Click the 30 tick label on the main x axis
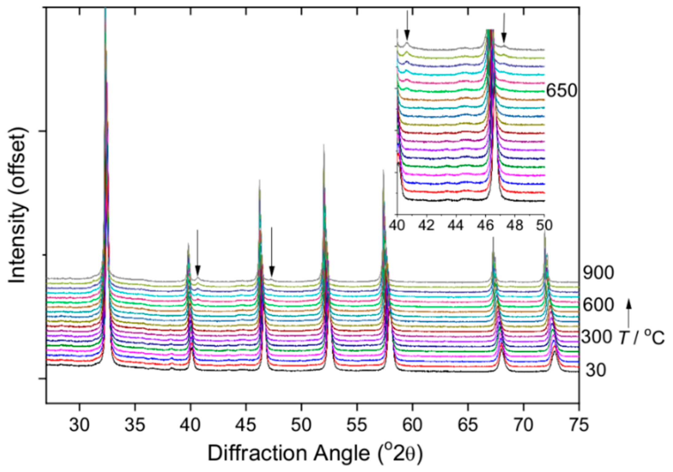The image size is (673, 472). click(x=79, y=425)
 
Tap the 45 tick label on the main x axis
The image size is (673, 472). click(x=246, y=425)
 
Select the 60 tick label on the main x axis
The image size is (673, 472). click(x=412, y=425)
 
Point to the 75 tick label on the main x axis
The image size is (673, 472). click(x=578, y=425)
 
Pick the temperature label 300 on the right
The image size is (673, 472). click(x=596, y=337)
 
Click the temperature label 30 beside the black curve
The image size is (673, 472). click(x=595, y=370)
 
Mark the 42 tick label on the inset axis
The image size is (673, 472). click(x=427, y=226)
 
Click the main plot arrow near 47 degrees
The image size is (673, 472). click(x=272, y=252)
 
